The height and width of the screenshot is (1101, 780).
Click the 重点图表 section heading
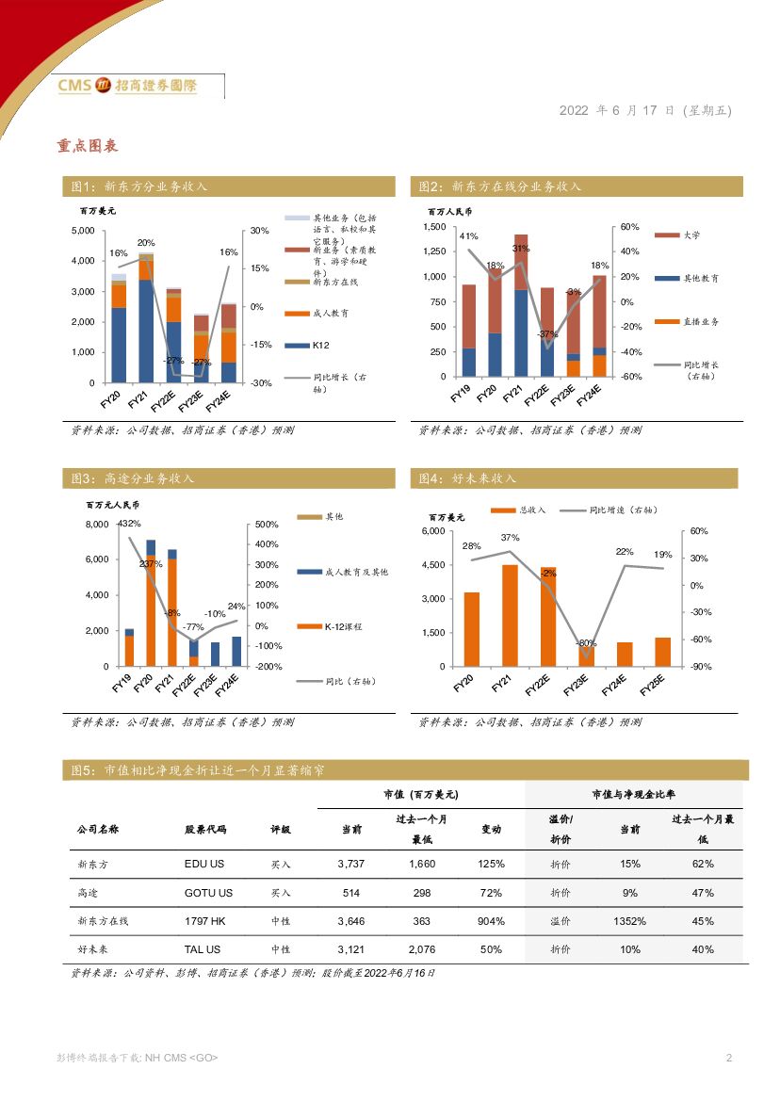pos(87,146)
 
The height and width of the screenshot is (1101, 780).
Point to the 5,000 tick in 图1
pos(83,231)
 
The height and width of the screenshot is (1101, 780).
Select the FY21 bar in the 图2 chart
pos(521,306)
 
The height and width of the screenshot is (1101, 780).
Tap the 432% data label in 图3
pos(129,524)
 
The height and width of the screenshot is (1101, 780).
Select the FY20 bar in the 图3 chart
pos(151,603)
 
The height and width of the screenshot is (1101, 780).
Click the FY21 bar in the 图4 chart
pos(510,615)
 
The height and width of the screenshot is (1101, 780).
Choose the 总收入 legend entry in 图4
pos(532,510)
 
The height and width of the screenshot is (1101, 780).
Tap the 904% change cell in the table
pos(491,921)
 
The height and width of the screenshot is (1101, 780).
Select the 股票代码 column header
pos(205,830)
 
